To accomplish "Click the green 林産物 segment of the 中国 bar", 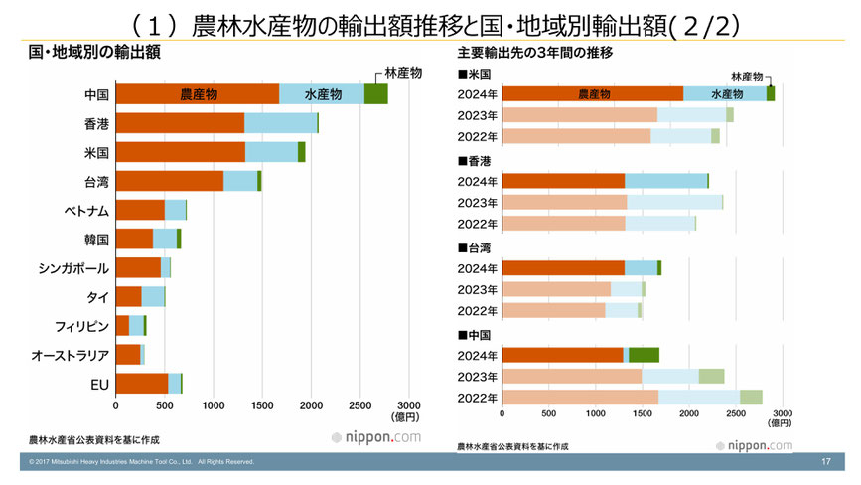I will pos(375,94).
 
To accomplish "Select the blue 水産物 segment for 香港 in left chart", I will pos(280,123).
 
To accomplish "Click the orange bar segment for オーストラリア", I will pos(128,355).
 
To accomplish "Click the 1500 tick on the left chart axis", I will pos(262,405).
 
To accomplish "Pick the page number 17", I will pos(826,462).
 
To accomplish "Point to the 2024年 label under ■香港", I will pos(477,181).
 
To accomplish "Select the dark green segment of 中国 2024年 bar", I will pos(644,355).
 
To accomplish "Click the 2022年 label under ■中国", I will pos(477,398).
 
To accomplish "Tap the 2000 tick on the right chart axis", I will pos(689,413).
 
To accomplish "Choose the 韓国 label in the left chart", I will pos(96,239).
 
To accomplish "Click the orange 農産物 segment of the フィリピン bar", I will pos(122,325).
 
